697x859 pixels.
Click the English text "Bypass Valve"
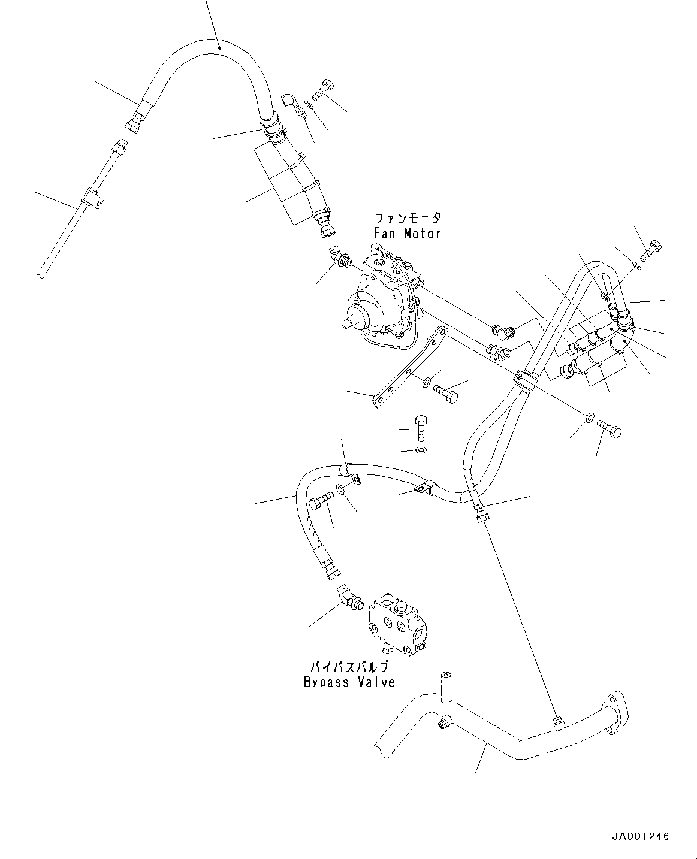pyautogui.click(x=349, y=682)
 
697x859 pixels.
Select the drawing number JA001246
pyautogui.click(x=640, y=836)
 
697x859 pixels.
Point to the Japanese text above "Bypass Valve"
pyautogui.click(x=349, y=667)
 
